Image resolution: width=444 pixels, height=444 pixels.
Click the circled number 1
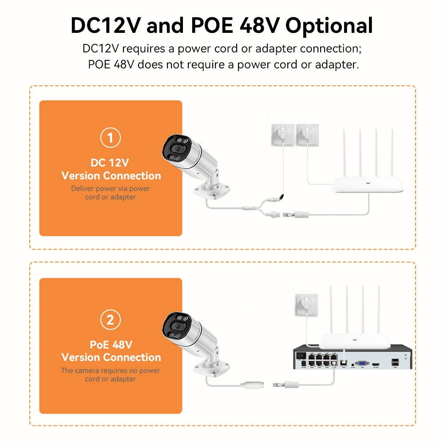pos(111,138)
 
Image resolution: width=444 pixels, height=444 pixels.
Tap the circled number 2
pos(111,320)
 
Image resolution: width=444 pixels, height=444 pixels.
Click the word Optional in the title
pos(329,26)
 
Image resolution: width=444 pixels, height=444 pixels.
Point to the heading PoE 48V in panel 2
pos(111,345)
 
